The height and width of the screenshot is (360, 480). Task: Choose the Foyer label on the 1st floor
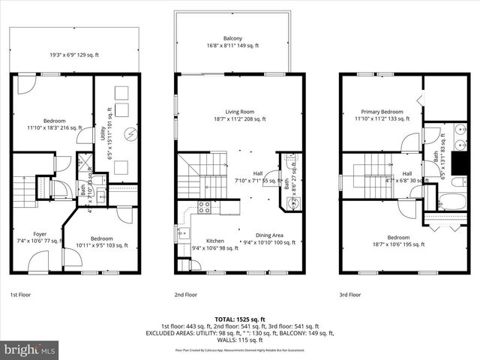[33, 237]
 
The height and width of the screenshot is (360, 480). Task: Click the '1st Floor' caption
[21, 295]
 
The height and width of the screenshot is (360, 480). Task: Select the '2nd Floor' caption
[186, 295]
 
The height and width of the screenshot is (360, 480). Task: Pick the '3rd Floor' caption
[350, 295]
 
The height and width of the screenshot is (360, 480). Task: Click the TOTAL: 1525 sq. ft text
[240, 319]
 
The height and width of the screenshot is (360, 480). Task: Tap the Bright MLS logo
[30, 349]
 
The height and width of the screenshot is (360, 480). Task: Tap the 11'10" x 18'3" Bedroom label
[54, 124]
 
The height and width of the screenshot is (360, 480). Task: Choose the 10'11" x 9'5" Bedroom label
[101, 241]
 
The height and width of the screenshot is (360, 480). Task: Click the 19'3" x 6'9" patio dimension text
[75, 55]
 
